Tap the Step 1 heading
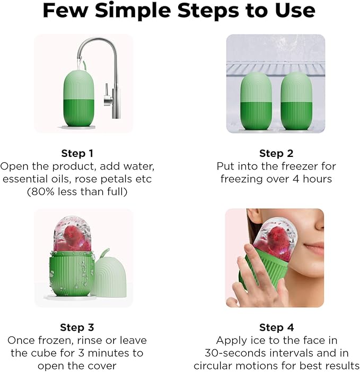pos(77,154)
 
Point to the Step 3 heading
pos(77,327)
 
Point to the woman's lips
pos(314,249)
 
